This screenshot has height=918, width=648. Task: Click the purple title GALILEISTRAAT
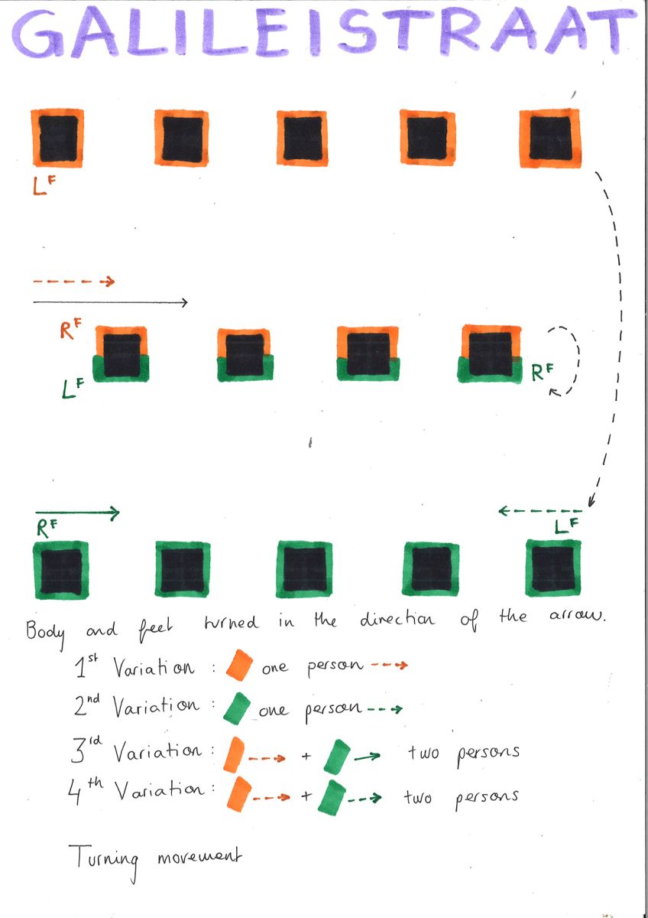[324, 35]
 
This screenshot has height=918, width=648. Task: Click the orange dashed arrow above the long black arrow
[73, 282]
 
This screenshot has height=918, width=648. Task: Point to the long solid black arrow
[110, 303]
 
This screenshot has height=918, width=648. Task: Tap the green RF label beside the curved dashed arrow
[543, 373]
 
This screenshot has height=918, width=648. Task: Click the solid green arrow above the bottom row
[76, 513]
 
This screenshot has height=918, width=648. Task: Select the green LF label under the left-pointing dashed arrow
[565, 526]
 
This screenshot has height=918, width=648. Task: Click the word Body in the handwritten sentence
[46, 632]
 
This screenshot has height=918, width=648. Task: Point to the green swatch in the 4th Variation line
[332, 796]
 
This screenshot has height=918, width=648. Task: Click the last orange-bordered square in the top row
[549, 138]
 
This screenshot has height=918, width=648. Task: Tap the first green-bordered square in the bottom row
[61, 570]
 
